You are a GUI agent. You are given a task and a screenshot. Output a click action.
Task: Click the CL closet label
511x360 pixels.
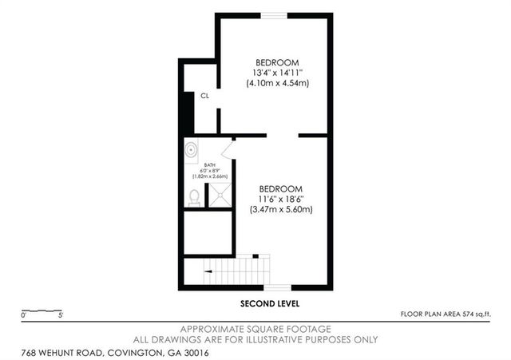[x=205, y=95]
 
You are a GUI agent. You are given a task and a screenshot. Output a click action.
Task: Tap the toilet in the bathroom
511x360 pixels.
[x=194, y=196]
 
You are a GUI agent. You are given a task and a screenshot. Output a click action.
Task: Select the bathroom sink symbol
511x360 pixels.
[x=191, y=150]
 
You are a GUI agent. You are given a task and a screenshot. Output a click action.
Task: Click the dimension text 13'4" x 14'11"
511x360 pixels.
[x=277, y=73]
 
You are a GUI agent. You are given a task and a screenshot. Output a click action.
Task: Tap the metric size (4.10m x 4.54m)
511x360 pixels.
[x=277, y=83]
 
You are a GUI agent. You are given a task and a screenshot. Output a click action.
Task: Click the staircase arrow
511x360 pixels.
[x=209, y=271]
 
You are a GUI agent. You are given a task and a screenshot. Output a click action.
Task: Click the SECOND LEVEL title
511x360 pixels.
[x=271, y=304]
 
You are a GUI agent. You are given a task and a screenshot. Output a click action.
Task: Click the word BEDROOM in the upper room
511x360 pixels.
[x=277, y=62]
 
